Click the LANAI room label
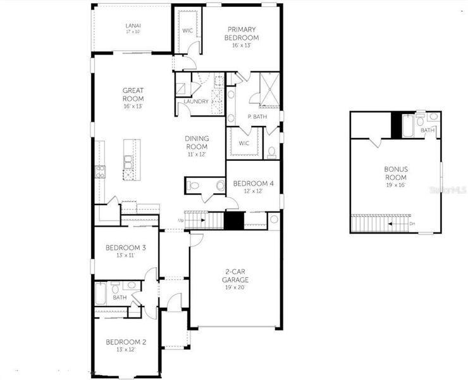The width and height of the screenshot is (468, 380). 133,25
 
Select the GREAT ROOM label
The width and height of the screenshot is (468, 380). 133,95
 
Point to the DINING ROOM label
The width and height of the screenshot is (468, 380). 197,142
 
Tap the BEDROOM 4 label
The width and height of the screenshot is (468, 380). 253,184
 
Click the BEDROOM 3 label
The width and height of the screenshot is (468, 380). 126,248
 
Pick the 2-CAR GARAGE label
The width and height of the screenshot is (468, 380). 235,276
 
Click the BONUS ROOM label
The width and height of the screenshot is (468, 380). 397,173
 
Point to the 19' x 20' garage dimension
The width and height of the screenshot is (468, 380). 234,287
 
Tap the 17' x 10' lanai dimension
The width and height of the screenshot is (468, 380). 133,31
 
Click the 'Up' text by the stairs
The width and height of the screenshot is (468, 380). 182,220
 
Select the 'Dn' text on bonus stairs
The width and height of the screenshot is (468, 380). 412,224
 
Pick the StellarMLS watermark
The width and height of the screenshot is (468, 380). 446,189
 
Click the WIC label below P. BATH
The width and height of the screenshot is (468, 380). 245,143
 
